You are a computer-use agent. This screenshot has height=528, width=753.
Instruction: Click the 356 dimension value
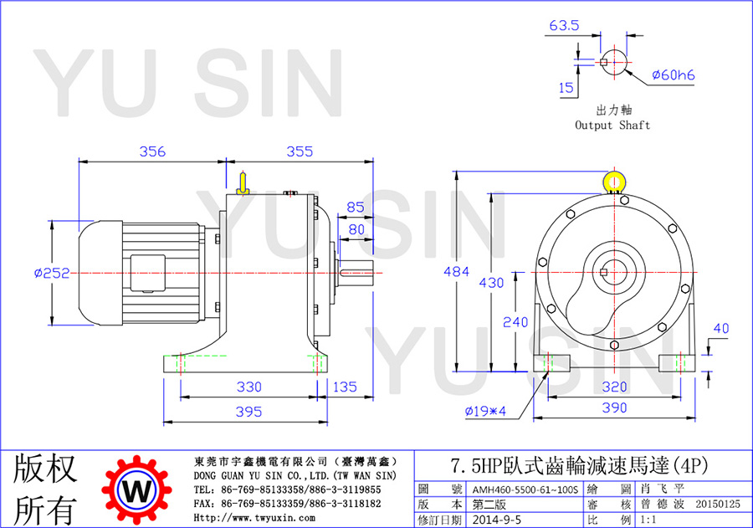point(152,151)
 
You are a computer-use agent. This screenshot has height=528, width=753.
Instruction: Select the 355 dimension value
point(300,151)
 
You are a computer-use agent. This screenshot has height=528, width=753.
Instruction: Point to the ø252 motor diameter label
point(52,273)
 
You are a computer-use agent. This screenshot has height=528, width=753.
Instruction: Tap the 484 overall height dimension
point(456,272)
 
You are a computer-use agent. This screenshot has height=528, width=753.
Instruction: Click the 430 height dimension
point(491,283)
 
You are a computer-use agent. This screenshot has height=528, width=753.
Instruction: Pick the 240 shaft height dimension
point(515,322)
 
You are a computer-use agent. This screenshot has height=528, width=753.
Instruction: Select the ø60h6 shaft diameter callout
point(674,75)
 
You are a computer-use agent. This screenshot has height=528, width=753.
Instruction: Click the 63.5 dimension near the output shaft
point(564,25)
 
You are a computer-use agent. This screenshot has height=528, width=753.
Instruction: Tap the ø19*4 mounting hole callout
point(485,411)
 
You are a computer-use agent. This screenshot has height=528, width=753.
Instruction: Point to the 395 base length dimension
point(248,412)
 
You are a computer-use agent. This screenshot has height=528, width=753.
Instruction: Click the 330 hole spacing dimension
point(248,387)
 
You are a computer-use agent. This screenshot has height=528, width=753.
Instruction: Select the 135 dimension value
point(345,387)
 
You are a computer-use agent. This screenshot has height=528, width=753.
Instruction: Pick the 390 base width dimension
point(615,408)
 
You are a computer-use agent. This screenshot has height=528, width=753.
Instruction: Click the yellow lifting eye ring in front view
point(614,173)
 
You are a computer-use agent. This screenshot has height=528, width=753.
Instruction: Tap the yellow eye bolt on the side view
point(243,184)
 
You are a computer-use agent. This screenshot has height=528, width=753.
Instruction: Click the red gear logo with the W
point(137,490)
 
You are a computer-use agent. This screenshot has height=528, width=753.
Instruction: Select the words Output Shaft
point(612,126)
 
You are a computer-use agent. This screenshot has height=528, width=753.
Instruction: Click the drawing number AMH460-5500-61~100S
point(525,490)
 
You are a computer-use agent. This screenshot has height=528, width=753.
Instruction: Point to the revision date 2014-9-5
point(496,520)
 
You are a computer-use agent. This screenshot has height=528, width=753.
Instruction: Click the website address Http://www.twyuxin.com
point(254,518)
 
